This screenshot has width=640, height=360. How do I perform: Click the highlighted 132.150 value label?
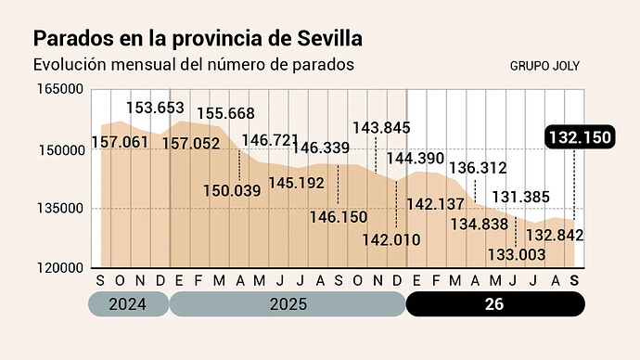(580, 137)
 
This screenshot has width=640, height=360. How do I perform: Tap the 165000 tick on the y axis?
(60, 89)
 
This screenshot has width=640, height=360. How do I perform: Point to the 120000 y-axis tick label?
(60, 268)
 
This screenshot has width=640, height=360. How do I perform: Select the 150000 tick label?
(62, 150)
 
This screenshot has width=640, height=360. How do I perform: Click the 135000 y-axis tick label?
(60, 209)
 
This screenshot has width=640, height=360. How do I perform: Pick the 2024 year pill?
(128, 304)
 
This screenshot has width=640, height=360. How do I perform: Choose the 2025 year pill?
(288, 304)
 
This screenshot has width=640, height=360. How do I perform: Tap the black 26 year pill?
(495, 304)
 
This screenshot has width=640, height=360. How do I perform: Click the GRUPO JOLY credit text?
(544, 66)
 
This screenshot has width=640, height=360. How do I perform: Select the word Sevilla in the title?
(330, 39)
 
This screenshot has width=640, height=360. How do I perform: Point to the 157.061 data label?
(120, 143)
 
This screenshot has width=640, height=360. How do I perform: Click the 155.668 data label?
(225, 113)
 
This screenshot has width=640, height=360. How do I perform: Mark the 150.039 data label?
(232, 191)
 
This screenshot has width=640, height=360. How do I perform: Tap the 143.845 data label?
(381, 128)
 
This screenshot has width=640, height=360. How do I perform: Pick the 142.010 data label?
(391, 240)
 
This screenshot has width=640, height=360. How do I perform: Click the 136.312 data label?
(478, 168)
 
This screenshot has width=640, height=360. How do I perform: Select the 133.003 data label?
(517, 255)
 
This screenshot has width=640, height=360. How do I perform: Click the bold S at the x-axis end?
(574, 281)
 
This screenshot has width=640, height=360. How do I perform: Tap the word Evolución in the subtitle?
(70, 65)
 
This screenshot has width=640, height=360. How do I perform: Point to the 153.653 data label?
(155, 109)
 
